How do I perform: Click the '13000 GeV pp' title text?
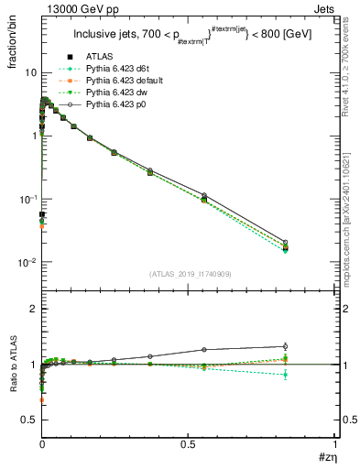pos(71,10)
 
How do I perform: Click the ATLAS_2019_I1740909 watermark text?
pos(189,274)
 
